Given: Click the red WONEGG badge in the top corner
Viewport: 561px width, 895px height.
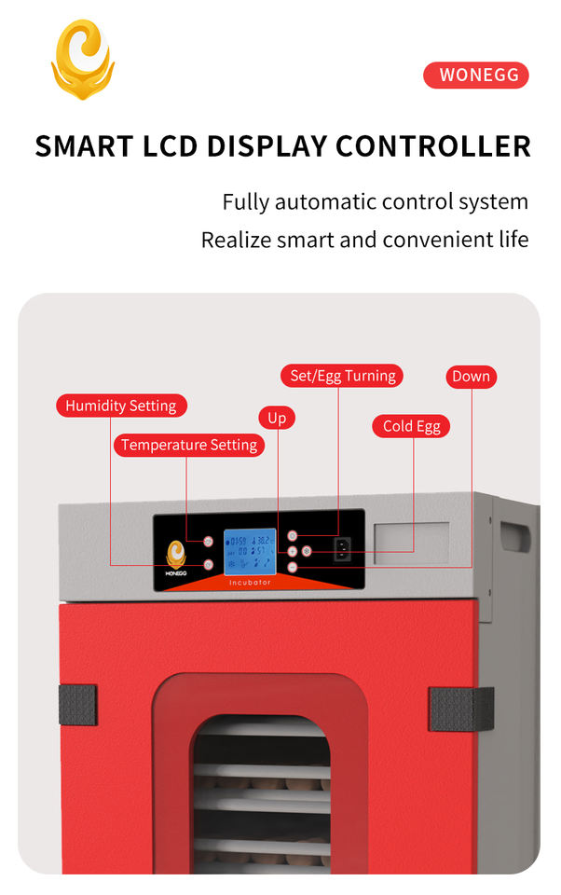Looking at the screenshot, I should click(x=475, y=76).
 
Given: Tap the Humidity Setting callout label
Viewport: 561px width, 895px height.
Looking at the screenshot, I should click(x=121, y=406).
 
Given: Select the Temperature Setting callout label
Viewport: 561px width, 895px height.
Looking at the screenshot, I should click(x=189, y=445).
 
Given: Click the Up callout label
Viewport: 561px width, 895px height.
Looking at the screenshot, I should click(x=277, y=418).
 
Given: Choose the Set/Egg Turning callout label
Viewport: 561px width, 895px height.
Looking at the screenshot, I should click(x=342, y=376).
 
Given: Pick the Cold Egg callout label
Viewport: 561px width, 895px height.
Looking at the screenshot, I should click(x=412, y=426).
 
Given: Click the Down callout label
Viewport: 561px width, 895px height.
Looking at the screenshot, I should click(x=471, y=377).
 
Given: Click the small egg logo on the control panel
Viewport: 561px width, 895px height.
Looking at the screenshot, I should click(x=176, y=556).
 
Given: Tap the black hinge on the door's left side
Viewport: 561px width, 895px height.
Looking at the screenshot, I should click(x=77, y=706).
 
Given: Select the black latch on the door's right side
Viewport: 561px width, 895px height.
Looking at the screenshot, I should click(x=460, y=709).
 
